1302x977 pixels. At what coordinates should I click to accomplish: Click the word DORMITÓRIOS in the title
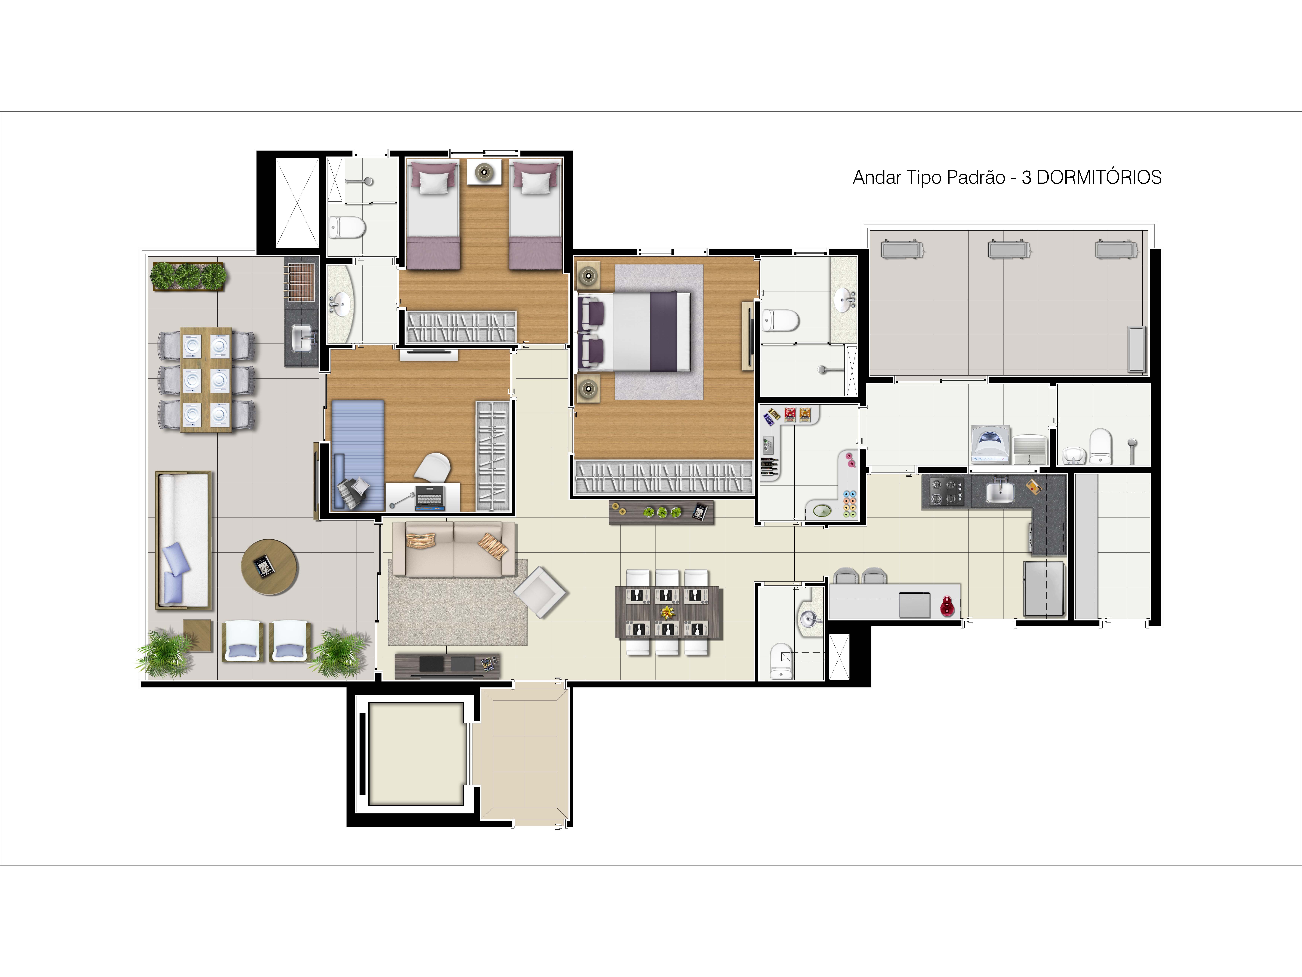pos(1099,177)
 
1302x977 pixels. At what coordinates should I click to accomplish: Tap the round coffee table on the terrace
pos(269,566)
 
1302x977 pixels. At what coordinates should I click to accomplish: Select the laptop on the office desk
pos(430,498)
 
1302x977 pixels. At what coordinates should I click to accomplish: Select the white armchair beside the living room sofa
pos(540,592)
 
